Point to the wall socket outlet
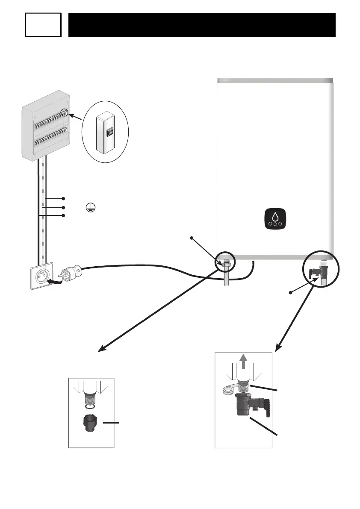coord(42,276)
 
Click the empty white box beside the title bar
coord(43,25)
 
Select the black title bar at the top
coord(201,25)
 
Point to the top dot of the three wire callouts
coord(63,199)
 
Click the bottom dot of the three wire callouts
coord(63,216)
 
